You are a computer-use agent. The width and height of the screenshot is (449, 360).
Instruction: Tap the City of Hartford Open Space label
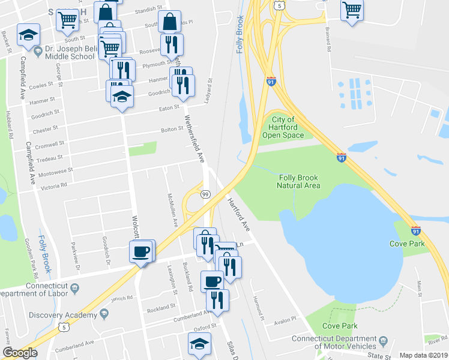tap(282, 127)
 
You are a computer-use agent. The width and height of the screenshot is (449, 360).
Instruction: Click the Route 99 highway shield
tap(205, 194)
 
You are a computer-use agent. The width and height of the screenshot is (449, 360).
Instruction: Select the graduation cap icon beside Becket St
tap(28, 35)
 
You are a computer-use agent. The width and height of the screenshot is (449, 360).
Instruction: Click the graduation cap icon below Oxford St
tap(199, 344)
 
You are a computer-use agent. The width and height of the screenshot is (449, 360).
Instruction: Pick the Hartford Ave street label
tap(238, 212)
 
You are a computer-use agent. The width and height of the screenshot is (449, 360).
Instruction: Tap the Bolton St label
tap(172, 129)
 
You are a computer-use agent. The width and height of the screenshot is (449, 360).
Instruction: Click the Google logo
tap(20, 353)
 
